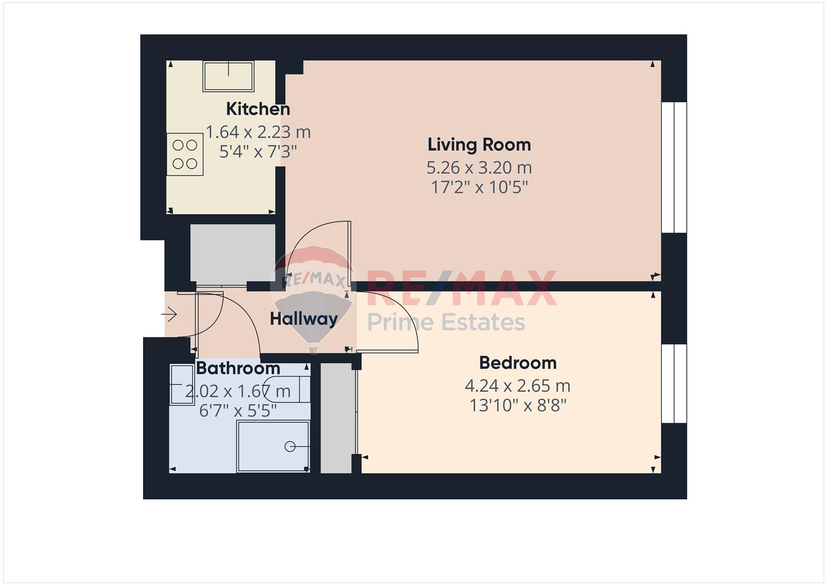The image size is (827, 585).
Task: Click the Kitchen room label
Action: coord(258,109)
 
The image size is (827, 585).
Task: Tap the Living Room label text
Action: coord(479,145)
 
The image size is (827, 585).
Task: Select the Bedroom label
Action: coord(517,362)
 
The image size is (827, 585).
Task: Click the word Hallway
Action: coord(303,318)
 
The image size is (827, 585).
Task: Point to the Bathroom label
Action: coord(238,368)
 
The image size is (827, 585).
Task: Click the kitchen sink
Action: coord(228,76)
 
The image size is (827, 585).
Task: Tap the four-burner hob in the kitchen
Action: coord(185,154)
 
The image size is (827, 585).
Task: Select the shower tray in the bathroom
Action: coord(273,446)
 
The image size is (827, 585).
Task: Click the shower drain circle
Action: coord(290,446)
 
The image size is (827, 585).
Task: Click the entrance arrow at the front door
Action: coord(170,314)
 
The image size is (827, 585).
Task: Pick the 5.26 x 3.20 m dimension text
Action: coord(479,167)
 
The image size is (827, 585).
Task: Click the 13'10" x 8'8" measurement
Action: coord(517,405)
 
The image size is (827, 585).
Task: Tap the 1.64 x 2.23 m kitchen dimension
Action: coord(258,132)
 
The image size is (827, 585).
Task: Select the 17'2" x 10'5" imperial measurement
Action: coord(479,187)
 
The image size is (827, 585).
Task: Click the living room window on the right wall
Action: coord(674,167)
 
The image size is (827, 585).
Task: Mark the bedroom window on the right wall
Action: coord(674,383)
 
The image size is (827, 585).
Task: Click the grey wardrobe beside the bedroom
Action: coord(336,418)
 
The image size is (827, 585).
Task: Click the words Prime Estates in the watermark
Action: coord(446,322)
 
